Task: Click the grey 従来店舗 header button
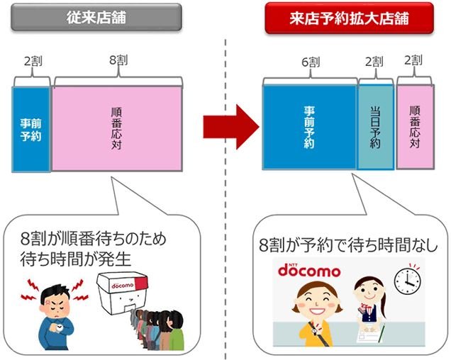point(96,17)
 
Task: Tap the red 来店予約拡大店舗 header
point(349,18)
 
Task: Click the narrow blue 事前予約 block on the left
point(31,130)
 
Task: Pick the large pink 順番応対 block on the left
point(117,128)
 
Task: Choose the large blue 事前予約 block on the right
point(309,127)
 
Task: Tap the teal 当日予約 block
point(375,127)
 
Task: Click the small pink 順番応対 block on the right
point(416,127)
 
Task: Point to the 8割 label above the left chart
point(118,60)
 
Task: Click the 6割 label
point(311,62)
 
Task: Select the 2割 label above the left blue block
point(33,61)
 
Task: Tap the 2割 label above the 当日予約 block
point(374,61)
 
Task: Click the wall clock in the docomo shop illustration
point(407,280)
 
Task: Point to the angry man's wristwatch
point(60,327)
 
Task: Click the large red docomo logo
point(309,270)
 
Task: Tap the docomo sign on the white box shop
point(123,286)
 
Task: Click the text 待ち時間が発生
point(76,259)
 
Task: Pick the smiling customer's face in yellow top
point(317,299)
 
